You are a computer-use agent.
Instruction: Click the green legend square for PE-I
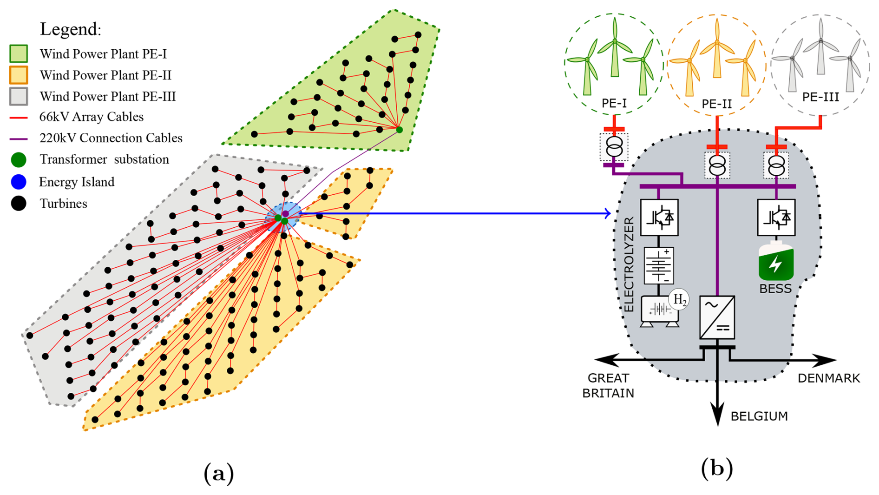click(19, 53)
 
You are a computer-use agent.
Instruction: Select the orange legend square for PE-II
click(19, 75)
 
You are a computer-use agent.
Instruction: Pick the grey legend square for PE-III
click(19, 96)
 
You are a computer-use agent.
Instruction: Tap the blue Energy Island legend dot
click(19, 182)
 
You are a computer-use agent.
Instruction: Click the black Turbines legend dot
click(19, 203)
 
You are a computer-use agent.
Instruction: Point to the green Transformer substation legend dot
click(19, 159)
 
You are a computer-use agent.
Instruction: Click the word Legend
click(70, 29)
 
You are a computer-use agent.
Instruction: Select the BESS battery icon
click(776, 261)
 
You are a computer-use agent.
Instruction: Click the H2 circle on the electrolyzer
click(679, 300)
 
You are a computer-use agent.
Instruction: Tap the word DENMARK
click(829, 378)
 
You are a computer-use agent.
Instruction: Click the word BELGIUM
click(759, 416)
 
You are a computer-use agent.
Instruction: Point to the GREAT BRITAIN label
click(608, 386)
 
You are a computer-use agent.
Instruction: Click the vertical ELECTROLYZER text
click(629, 264)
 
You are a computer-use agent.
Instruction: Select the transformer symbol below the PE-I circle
click(614, 147)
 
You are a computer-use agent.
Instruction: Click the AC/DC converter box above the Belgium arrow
click(717, 317)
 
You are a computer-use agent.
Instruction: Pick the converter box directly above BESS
click(776, 218)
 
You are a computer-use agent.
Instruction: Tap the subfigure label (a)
click(219, 474)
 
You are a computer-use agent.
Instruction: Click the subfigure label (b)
click(717, 469)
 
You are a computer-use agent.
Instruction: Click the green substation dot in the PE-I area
click(400, 130)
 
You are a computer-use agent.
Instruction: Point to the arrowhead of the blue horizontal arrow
click(608, 213)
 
